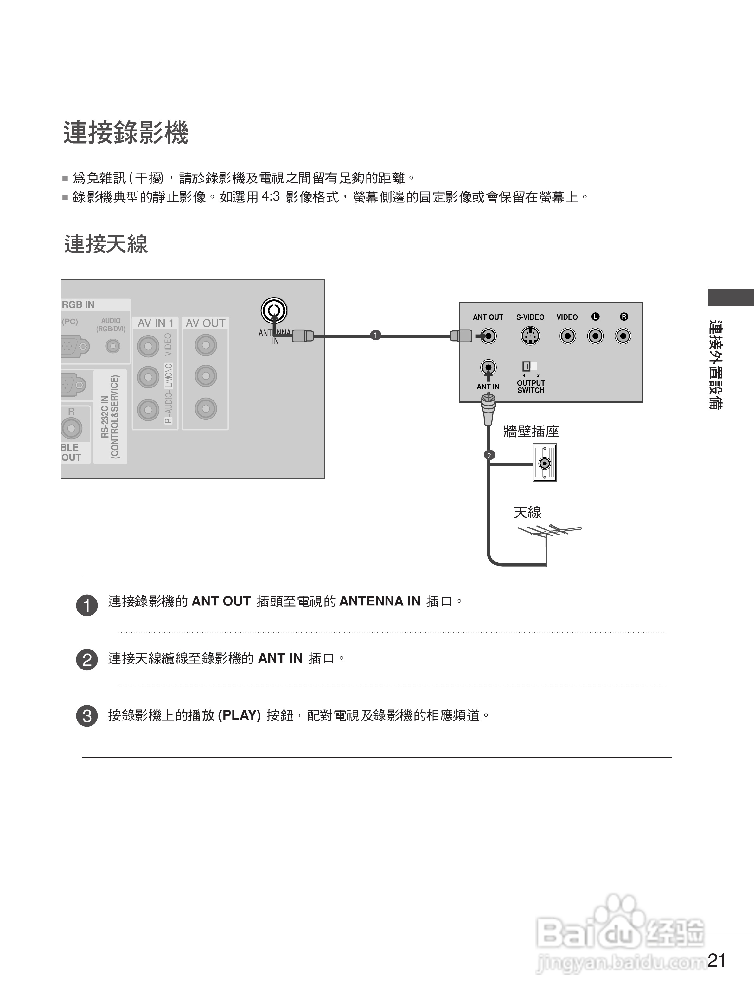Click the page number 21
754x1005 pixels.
click(x=716, y=960)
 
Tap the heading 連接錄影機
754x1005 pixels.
click(x=126, y=133)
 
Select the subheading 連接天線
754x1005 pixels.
click(x=106, y=244)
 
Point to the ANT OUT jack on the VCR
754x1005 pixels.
click(x=488, y=336)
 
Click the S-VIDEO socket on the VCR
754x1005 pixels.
click(x=530, y=336)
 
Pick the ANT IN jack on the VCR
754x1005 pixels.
click(x=488, y=367)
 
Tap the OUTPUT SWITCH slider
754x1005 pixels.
click(x=530, y=366)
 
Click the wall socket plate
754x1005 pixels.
click(x=545, y=463)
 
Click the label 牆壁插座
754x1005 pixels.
click(x=531, y=431)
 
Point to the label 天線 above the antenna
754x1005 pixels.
click(x=527, y=513)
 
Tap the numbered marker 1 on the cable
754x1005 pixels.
click(x=375, y=335)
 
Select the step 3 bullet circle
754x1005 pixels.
click(x=87, y=716)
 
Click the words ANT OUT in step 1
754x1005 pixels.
click(x=221, y=601)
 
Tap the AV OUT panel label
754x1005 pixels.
click(x=205, y=323)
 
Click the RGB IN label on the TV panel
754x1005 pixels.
click(x=78, y=304)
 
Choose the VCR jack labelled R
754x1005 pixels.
click(x=623, y=336)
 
